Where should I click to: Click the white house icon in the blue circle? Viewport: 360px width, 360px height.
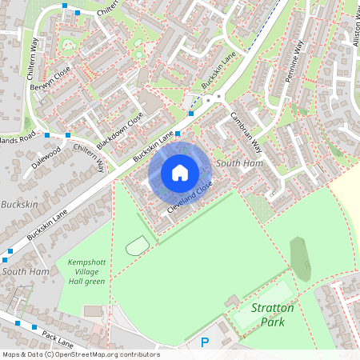[180, 172]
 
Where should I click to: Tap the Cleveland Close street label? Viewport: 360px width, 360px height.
[190, 197]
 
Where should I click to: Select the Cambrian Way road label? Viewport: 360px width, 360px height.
[246, 130]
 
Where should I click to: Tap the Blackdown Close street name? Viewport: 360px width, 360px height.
[120, 130]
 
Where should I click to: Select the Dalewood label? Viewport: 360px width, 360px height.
[45, 151]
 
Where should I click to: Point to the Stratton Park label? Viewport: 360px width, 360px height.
[272, 314]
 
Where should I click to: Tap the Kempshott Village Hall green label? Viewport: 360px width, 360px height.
[86, 271]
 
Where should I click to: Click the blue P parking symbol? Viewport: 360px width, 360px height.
[205, 342]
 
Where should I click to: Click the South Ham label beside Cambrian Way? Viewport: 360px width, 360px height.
[239, 163]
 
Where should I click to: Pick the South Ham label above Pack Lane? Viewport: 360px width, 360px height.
[26, 272]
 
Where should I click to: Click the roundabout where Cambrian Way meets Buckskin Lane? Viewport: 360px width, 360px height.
[211, 99]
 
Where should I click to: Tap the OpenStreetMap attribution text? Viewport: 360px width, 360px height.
[80, 354]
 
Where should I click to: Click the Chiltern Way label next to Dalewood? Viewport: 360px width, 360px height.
[89, 154]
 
